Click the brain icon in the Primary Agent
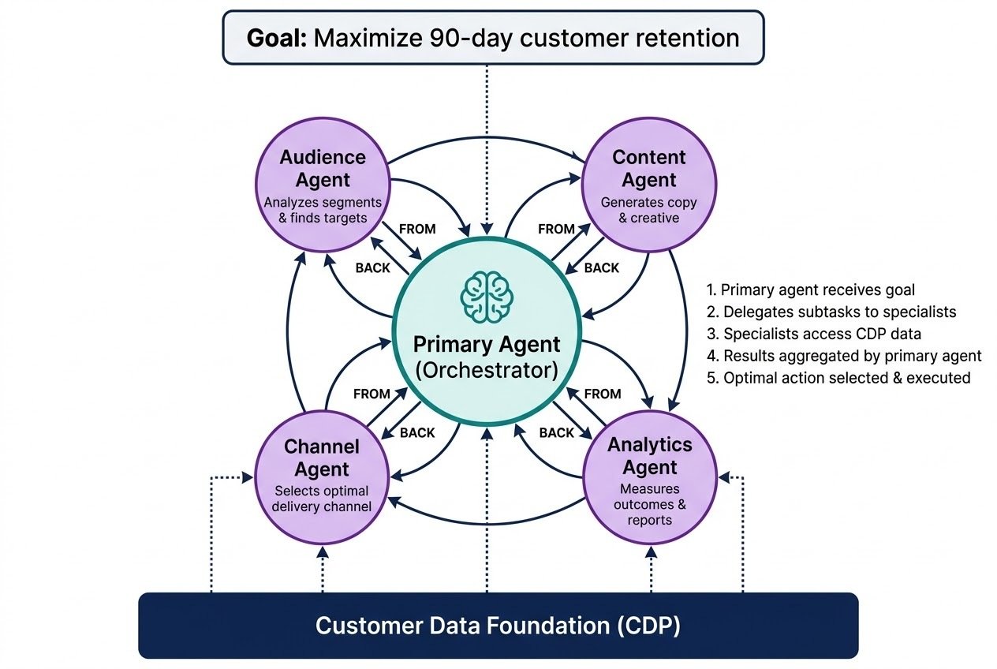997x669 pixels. [x=487, y=297]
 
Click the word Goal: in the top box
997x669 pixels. [x=276, y=38]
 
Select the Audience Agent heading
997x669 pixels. [x=323, y=168]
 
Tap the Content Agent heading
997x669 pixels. [x=648, y=168]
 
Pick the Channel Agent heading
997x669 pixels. [x=322, y=458]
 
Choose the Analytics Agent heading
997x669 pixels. [x=649, y=456]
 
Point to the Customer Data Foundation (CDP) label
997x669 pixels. [x=498, y=626]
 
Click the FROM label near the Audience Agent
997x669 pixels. [x=417, y=229]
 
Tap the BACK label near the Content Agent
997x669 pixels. [x=601, y=267]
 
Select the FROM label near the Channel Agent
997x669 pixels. [x=372, y=394]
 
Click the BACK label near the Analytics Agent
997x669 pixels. [x=557, y=432]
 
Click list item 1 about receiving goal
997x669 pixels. [x=811, y=290]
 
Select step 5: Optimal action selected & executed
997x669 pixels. [x=838, y=378]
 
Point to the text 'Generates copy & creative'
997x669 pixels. [x=648, y=210]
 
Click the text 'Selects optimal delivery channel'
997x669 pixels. [x=322, y=499]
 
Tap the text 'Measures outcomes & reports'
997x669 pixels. [x=649, y=504]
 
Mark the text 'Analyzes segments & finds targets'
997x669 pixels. [x=323, y=210]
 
